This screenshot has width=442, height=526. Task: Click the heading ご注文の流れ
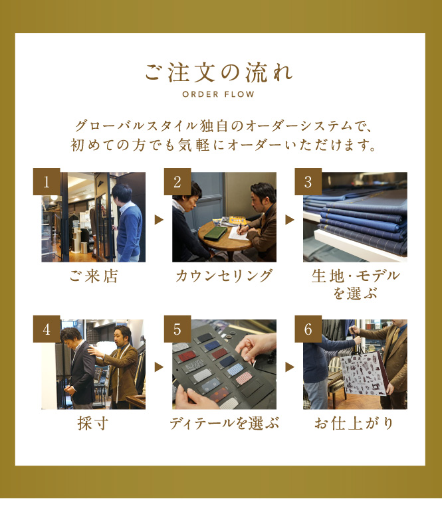coord(219,72)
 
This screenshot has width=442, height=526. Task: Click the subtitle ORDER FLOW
coord(219,94)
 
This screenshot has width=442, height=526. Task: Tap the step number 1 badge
coord(47,181)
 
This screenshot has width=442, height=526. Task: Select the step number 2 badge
coord(177,181)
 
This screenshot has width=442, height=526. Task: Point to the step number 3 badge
coord(308,181)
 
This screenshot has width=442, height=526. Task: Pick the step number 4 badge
coord(47,329)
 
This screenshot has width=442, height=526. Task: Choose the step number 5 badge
coord(177,329)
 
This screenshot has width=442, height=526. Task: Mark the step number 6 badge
coord(308,329)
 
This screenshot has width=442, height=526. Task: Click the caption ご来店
coord(94,276)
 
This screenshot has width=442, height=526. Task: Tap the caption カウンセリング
coord(224,276)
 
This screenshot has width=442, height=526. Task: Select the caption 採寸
coord(93,423)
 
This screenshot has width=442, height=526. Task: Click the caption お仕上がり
coord(354,423)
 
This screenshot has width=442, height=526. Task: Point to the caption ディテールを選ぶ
coord(224,423)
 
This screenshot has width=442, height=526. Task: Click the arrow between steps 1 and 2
coord(159,220)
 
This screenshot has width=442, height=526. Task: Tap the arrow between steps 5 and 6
coord(290,367)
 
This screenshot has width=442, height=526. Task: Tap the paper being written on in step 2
coord(239,233)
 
